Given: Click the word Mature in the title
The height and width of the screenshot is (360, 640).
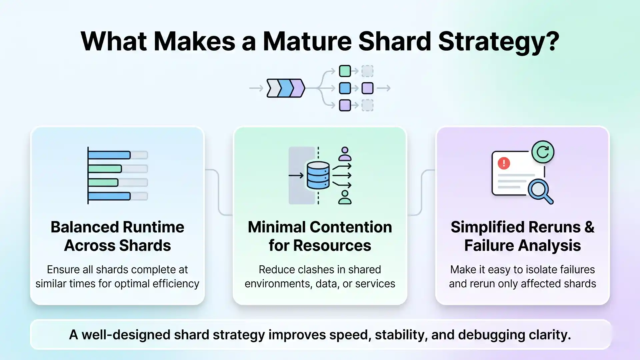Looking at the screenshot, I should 307,41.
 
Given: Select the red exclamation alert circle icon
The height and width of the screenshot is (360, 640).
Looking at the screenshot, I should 504,163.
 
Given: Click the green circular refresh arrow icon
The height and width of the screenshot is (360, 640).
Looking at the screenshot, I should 543,152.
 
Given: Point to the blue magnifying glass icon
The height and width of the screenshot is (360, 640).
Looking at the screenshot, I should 539,191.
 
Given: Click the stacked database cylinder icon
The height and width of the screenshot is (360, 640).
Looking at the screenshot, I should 318,175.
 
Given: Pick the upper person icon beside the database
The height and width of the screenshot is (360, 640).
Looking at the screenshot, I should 345,154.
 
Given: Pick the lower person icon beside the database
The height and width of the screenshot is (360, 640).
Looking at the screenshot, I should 345,197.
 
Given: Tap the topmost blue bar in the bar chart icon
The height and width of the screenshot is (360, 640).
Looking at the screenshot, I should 109,155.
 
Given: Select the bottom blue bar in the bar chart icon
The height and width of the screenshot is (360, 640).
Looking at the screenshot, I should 109,196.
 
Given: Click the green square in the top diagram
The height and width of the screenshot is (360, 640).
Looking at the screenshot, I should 345,71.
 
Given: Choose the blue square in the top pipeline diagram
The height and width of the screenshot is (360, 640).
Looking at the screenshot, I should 345,88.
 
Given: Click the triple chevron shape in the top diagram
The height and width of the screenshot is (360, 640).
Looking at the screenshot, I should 286,88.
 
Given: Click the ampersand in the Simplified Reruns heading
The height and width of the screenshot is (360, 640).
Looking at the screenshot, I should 589,227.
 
